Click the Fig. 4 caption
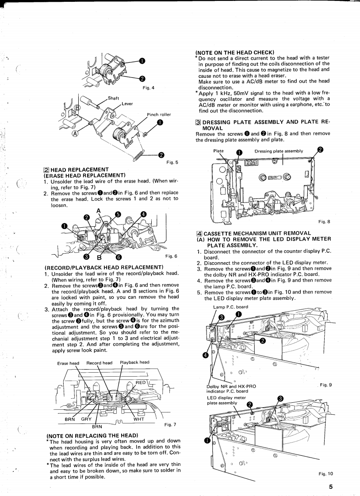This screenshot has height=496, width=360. tap(148, 88)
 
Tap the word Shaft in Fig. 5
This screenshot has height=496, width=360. tap(114, 98)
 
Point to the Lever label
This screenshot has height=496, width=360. tap(127, 104)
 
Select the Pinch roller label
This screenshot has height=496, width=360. tap(158, 115)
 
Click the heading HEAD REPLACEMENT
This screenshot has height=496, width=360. tap(80, 170)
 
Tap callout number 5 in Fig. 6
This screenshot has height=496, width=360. tap(117, 214)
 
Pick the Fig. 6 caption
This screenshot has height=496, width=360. tap(171, 256)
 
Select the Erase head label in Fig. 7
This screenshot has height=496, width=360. tap(68, 363)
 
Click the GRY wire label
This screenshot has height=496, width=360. tap(86, 419)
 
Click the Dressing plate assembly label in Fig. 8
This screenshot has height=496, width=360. tap(279, 151)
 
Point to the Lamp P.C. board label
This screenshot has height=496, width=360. tap(230, 307)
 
